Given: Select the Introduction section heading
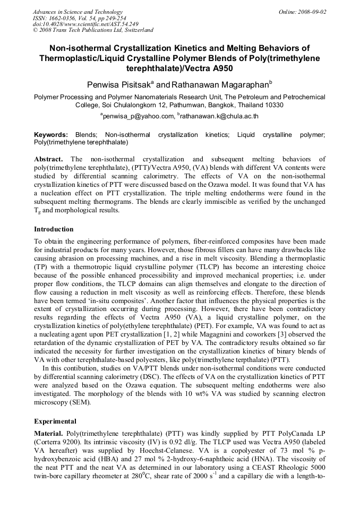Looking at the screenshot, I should pos(54,229).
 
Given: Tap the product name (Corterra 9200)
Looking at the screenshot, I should pos(58,441).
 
